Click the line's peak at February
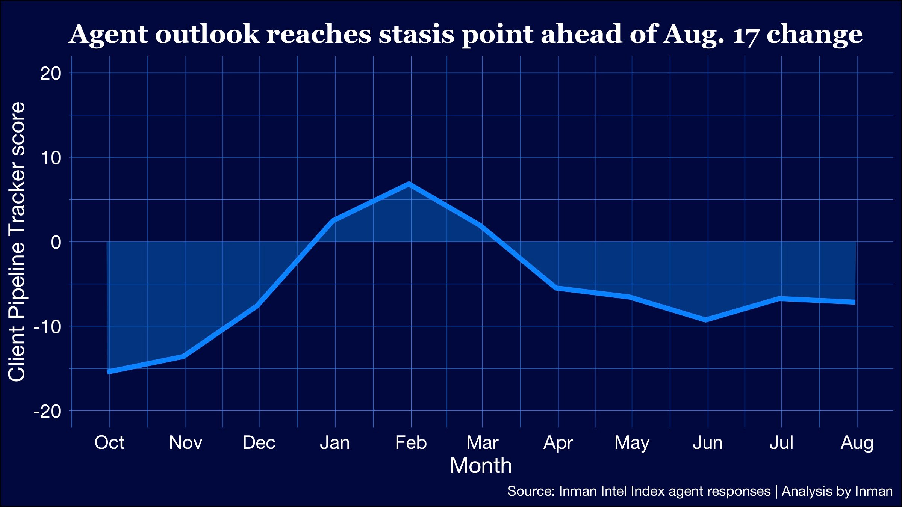pos(409,184)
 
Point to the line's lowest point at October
pos(108,372)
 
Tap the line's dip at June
pos(706,320)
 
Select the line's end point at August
pos(855,302)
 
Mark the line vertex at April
pos(557,288)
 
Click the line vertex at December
pos(258,306)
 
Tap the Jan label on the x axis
pos(335,442)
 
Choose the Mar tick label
pos(482,442)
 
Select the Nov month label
pos(185,442)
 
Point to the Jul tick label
pos(781,442)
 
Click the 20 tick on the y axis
pos(50,73)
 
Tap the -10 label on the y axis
pos(47,327)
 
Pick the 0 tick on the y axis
pos(56,242)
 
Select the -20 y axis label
pos(47,411)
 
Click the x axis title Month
pos(481,466)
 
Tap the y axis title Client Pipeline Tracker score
pos(17,242)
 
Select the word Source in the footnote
pos(531,491)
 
